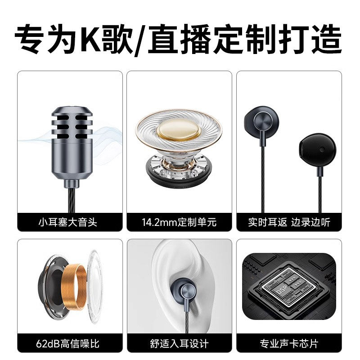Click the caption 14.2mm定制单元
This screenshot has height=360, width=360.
[179, 222]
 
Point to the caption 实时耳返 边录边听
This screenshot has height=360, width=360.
[289, 222]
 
